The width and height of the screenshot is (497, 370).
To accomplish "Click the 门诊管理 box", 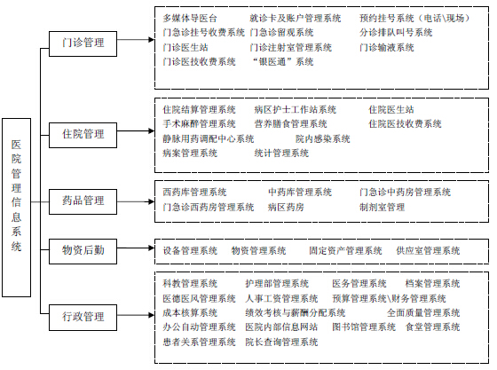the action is point(83,43).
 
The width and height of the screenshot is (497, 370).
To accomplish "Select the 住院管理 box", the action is point(83,135).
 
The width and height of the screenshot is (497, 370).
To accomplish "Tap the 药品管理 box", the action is point(83,201).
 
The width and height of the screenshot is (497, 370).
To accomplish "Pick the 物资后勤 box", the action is point(83,251).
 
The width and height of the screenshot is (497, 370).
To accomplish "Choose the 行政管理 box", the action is point(83,318).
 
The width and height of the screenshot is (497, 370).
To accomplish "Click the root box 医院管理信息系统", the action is point(17,208).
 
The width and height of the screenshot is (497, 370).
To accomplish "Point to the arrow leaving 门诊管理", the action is point(136,40).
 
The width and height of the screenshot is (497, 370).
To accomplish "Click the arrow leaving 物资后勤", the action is point(136,248).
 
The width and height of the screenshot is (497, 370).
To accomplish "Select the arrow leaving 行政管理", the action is point(136,315).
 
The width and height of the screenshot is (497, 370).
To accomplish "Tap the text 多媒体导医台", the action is point(190,18).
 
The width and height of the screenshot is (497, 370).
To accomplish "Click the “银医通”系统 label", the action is point(283,61).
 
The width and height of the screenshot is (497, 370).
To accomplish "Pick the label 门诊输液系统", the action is point(387,48).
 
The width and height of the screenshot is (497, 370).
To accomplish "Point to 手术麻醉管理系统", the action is point(200,123).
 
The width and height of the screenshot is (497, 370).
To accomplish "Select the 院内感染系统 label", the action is point(323,138).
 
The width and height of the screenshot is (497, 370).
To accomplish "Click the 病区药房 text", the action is point(286,207).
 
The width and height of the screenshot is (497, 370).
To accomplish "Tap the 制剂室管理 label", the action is point(382,207).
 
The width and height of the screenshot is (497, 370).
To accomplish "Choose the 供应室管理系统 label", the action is point(428,250).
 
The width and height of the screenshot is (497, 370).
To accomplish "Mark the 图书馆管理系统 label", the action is point(364,327).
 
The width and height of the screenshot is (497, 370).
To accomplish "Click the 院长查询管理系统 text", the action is point(281,342).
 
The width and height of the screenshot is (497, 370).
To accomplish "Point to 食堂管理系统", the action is point(433,327).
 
